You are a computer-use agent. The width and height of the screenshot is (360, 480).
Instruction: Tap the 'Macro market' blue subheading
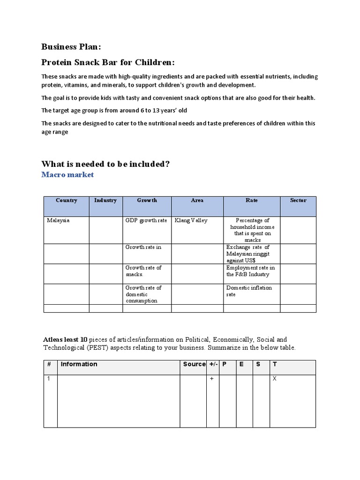[67, 175]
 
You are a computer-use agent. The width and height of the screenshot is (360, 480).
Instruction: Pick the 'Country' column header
[66, 200]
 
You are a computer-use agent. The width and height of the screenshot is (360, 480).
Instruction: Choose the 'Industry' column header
[105, 200]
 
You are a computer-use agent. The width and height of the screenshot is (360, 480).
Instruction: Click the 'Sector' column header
[298, 200]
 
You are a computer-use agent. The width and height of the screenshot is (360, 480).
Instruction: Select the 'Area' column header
[197, 200]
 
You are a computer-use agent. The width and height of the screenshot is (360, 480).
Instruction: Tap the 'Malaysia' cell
[58, 220]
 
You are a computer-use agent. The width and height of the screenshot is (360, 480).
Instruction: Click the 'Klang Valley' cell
[191, 220]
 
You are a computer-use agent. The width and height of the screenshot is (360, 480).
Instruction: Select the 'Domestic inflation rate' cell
[249, 291]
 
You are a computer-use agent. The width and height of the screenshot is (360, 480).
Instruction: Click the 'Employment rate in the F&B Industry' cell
[250, 271]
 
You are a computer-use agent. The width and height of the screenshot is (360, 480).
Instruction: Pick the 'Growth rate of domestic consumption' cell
[143, 294]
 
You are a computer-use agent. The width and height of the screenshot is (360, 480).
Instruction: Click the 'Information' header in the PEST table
[79, 364]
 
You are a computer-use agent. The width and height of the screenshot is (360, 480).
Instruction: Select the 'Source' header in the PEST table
[194, 364]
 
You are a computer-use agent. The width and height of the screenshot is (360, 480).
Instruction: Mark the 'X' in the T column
[275, 378]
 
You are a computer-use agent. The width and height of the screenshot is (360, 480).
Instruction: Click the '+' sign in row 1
[212, 378]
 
